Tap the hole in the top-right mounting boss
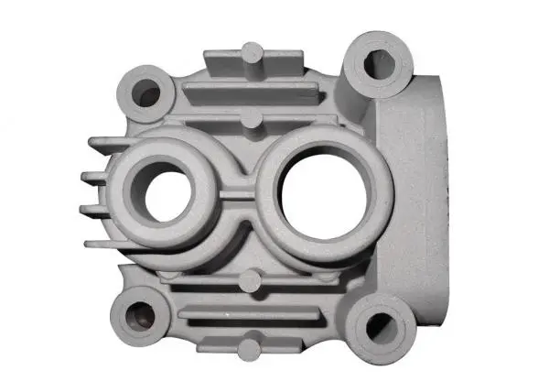tap(378, 63)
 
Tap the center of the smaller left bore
tap(167, 194)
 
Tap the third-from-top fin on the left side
tap(93, 210)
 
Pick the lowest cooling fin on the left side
tap(101, 243)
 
